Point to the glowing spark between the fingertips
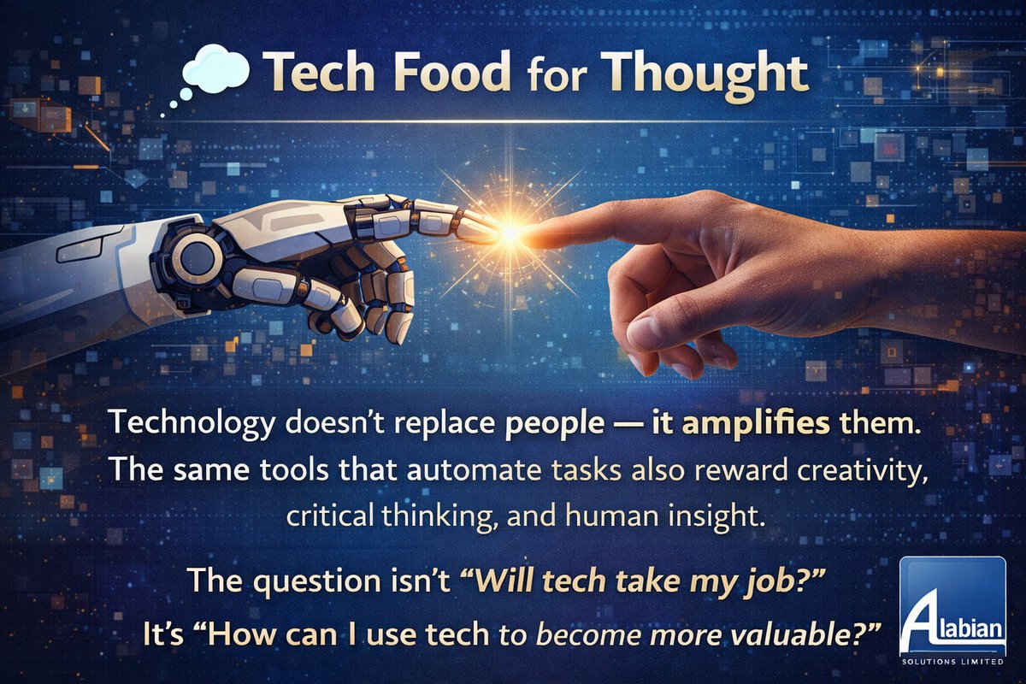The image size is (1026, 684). point(511,231)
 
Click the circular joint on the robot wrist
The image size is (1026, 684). point(198,256)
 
